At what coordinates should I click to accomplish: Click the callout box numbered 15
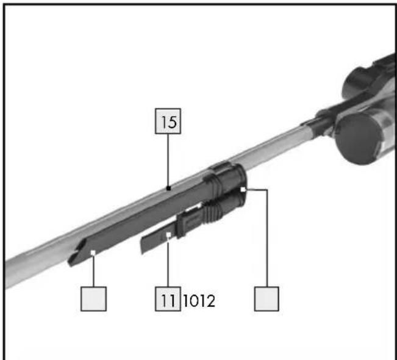click(168, 121)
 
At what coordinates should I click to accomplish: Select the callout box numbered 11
click(168, 299)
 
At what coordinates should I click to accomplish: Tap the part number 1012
click(199, 301)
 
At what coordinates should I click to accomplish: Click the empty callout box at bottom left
click(93, 299)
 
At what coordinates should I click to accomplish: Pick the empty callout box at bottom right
click(266, 299)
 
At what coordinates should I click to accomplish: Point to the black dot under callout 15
click(169, 188)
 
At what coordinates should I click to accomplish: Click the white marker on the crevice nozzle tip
click(93, 253)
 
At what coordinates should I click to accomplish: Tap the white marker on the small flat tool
click(168, 235)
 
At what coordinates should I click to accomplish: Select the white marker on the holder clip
click(243, 189)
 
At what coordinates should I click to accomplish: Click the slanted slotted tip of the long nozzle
click(78, 253)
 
